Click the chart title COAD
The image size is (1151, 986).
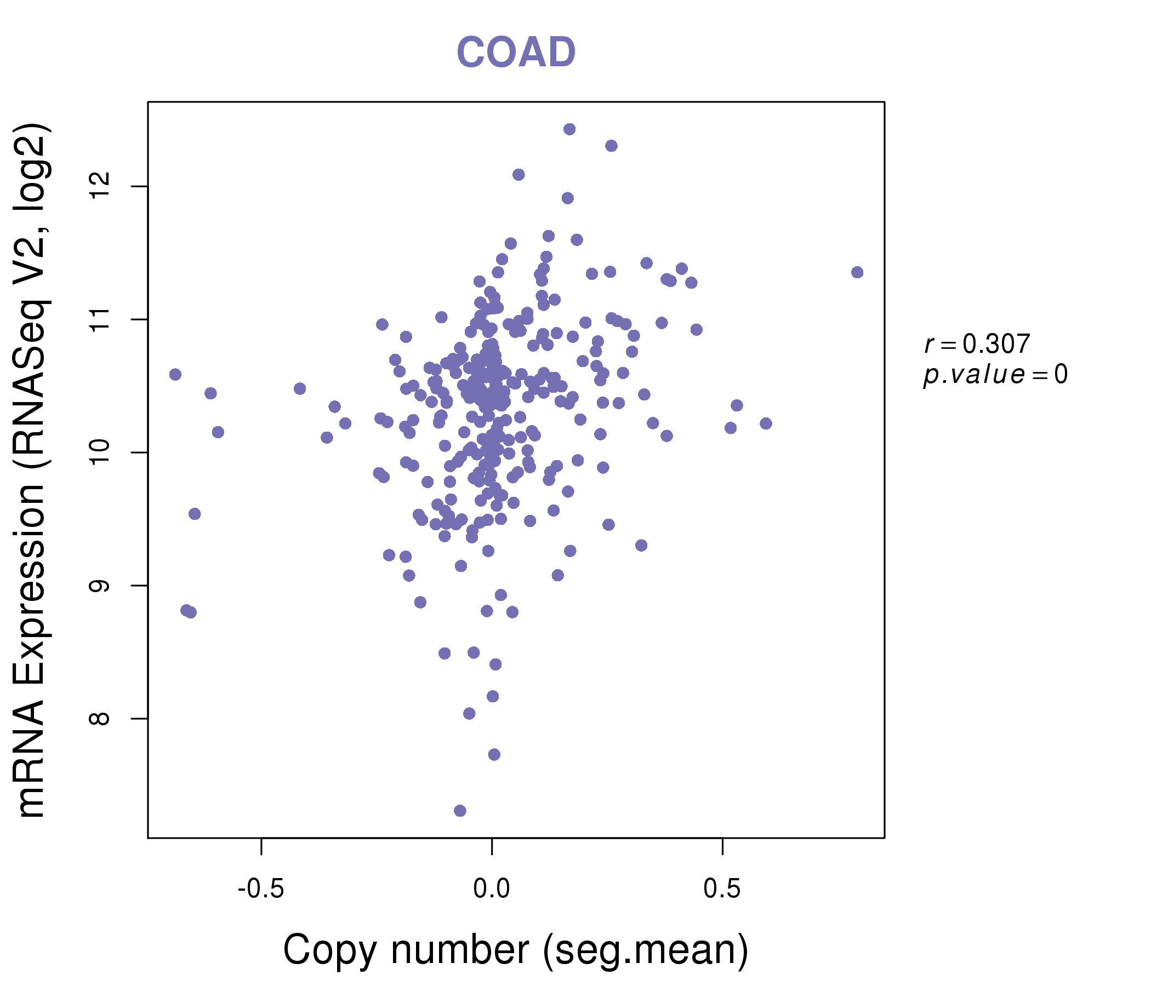pyautogui.click(x=516, y=52)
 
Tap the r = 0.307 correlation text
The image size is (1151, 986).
pyautogui.click(x=977, y=344)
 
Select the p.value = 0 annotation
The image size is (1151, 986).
pyautogui.click(x=995, y=375)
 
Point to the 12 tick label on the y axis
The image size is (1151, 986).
pyautogui.click(x=99, y=187)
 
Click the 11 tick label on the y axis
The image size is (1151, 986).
pyautogui.click(x=99, y=320)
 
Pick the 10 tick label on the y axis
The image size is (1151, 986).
pyautogui.click(x=99, y=452)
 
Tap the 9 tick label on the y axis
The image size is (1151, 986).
pyautogui.click(x=99, y=586)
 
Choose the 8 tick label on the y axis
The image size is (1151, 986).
pyautogui.click(x=99, y=718)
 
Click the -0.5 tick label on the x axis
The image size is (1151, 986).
pyautogui.click(x=260, y=889)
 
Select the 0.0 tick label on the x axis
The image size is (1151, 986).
pyautogui.click(x=492, y=889)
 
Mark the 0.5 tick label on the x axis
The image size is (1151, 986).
pyautogui.click(x=722, y=889)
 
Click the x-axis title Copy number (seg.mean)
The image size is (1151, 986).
pyautogui.click(x=516, y=950)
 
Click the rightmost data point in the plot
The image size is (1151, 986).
pyautogui.click(x=857, y=272)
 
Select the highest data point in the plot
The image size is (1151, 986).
pyautogui.click(x=569, y=129)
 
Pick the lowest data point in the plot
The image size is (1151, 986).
pyautogui.click(x=460, y=811)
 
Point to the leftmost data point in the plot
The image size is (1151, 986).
pyautogui.click(x=175, y=375)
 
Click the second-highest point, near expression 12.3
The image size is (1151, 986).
pyautogui.click(x=611, y=146)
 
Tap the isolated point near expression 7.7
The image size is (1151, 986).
pyautogui.click(x=494, y=754)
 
